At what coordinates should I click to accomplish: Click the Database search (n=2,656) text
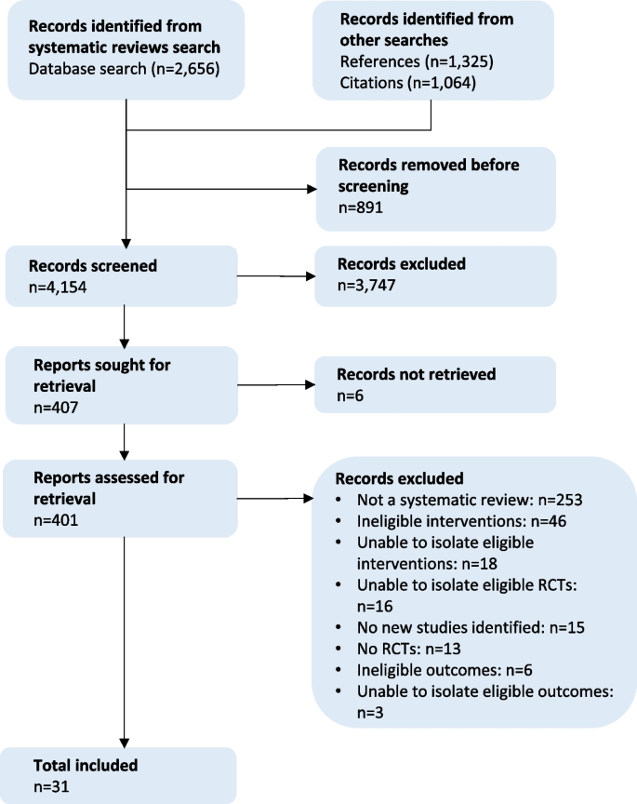[123, 68]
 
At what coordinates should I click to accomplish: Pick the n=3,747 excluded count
[368, 286]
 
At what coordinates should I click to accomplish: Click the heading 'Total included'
[86, 766]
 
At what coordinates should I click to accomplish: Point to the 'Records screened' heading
[95, 266]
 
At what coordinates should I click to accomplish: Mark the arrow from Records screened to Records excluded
[276, 276]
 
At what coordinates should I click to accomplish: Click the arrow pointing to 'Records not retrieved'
[276, 384]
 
